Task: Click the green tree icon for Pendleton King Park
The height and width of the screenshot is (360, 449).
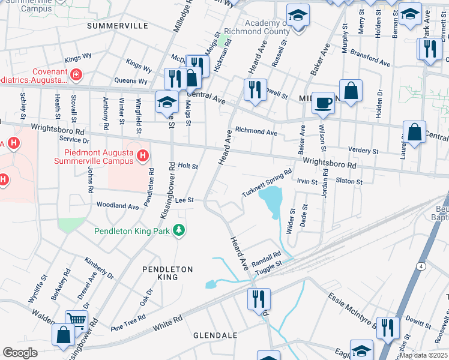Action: point(178,230)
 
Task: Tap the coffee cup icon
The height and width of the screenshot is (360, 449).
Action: point(324,103)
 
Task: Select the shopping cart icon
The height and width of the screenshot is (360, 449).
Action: point(76,320)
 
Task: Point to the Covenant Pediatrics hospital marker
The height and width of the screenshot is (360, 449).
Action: point(76,75)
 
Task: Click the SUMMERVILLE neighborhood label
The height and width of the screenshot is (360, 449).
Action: point(117,26)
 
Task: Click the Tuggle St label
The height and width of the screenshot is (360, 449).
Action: point(269,266)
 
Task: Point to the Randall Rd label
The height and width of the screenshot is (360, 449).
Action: point(266,256)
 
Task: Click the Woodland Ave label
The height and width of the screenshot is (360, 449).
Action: point(118,206)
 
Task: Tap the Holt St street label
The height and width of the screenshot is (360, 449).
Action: point(188,166)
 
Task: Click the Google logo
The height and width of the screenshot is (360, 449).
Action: point(20,353)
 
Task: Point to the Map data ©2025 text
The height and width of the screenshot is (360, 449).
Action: point(423,355)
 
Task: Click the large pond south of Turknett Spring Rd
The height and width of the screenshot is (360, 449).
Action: point(271,199)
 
